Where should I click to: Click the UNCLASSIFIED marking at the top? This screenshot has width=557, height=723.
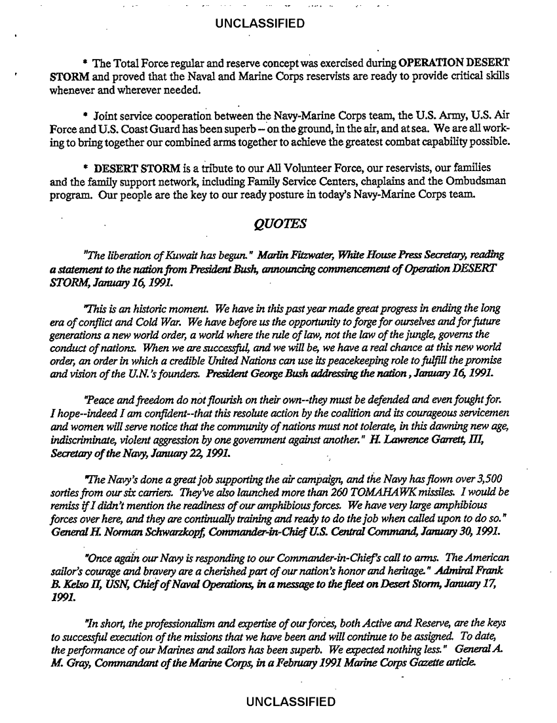point(259,24)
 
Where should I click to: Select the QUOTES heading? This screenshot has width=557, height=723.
point(279,225)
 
